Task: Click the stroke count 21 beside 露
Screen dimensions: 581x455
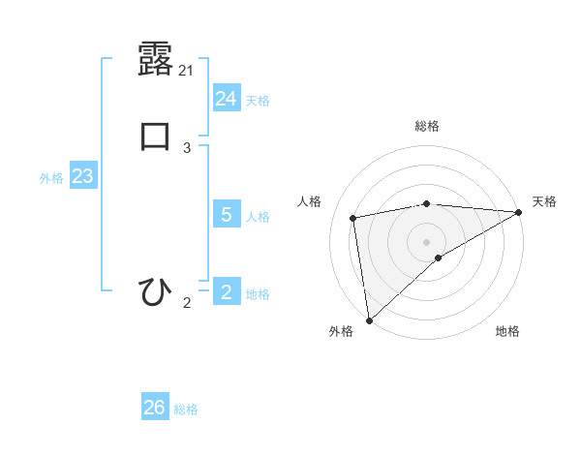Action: (187, 71)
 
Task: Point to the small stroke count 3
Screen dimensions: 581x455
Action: (187, 148)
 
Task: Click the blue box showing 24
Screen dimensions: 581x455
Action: (227, 98)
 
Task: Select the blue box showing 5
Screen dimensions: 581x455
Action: (227, 215)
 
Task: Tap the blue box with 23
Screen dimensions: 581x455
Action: (82, 177)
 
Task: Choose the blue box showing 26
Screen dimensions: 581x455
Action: (155, 408)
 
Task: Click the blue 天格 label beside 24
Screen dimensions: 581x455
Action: (258, 101)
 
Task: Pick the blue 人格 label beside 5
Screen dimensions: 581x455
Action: (258, 217)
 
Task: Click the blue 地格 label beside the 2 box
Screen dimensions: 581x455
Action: (258, 294)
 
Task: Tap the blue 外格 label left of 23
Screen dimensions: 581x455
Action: (51, 178)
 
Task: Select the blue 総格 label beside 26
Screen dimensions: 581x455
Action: (186, 409)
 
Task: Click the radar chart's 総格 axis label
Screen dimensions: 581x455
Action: (426, 126)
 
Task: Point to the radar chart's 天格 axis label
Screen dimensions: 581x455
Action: (544, 201)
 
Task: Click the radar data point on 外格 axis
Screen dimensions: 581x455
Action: (369, 320)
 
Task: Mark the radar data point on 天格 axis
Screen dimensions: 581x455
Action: (518, 212)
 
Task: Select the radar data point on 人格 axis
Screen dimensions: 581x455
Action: (354, 218)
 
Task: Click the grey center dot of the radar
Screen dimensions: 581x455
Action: (426, 241)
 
